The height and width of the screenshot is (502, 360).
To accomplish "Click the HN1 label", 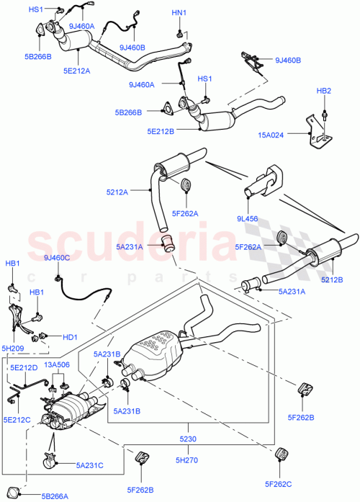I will [x=179, y=14].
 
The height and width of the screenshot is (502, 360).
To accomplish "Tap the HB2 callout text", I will [x=324, y=91].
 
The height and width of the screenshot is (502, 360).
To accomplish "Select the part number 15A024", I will [x=290, y=134].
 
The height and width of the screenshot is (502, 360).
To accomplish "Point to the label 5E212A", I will [x=77, y=71].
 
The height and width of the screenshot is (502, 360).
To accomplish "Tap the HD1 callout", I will [x=70, y=335].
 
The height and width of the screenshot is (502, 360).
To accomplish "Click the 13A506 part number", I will [x=58, y=364].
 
